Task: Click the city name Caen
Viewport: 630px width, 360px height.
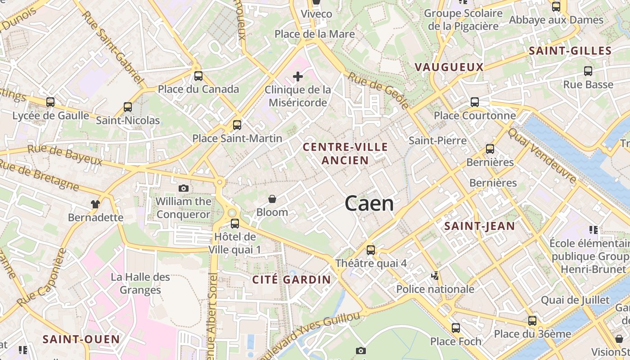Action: pyautogui.click(x=369, y=204)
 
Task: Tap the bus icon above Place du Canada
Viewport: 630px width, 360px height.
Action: pyautogui.click(x=198, y=76)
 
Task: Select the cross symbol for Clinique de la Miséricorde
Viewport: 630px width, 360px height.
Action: pyautogui.click(x=297, y=76)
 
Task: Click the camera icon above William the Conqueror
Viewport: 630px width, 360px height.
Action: pyautogui.click(x=184, y=188)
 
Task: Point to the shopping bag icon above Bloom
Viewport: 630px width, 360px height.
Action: pyautogui.click(x=272, y=198)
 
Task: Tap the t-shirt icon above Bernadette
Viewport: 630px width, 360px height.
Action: pyautogui.click(x=95, y=204)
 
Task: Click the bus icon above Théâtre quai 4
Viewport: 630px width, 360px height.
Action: pyautogui.click(x=370, y=250)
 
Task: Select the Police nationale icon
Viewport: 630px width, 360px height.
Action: pyautogui.click(x=435, y=275)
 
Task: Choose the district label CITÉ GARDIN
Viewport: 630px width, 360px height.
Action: pyautogui.click(x=292, y=279)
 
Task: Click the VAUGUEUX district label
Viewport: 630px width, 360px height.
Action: pyautogui.click(x=449, y=67)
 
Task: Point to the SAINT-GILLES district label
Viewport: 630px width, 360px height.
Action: pyautogui.click(x=570, y=51)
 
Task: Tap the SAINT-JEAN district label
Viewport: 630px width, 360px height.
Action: pyautogui.click(x=479, y=226)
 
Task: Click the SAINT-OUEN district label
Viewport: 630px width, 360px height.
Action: pyautogui.click(x=81, y=339)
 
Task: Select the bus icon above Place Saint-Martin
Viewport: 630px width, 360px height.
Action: pyautogui.click(x=237, y=125)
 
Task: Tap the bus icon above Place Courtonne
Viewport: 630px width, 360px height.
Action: pyautogui.click(x=474, y=102)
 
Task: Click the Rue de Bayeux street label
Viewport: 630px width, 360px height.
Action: pyautogui.click(x=65, y=155)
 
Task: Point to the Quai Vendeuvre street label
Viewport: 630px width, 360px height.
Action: pyautogui.click(x=542, y=156)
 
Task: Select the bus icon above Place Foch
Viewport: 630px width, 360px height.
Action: pyautogui.click(x=455, y=328)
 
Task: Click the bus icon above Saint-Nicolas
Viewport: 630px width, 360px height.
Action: pyautogui.click(x=128, y=107)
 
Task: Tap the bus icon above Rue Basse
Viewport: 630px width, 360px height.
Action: pyautogui.click(x=588, y=71)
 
